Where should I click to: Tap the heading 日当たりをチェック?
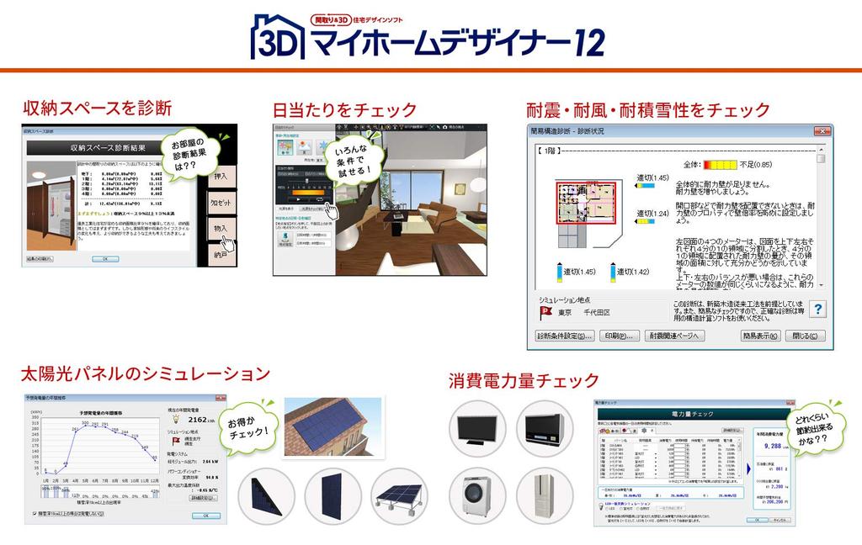tap(344, 109)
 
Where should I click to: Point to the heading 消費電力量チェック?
tap(523, 379)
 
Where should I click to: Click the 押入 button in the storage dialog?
tap(221, 177)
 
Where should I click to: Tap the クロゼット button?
tap(221, 204)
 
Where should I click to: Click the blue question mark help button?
tap(817, 309)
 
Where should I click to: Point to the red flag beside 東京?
tap(545, 312)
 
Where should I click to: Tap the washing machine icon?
tap(477, 493)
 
